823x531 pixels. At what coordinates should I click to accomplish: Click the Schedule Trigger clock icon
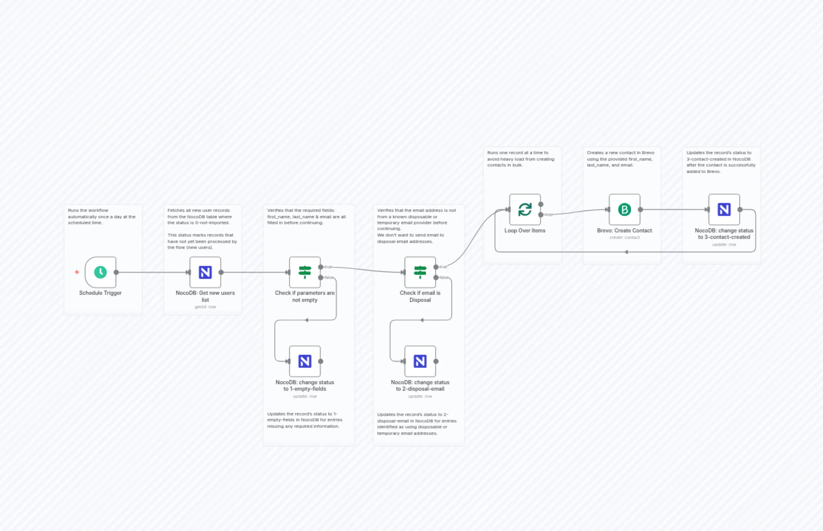click(x=100, y=272)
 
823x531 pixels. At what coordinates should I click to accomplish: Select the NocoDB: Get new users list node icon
click(x=205, y=272)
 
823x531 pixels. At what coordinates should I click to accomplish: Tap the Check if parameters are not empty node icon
click(x=305, y=272)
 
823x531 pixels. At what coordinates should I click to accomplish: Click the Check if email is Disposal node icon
click(x=420, y=272)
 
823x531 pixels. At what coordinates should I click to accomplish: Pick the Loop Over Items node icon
click(x=525, y=209)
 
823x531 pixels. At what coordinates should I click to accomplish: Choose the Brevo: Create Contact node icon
click(x=624, y=209)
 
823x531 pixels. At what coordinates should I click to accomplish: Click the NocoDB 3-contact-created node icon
click(x=724, y=209)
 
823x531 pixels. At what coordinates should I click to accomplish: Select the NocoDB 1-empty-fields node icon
click(x=305, y=361)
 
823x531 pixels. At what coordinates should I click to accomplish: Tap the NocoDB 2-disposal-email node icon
click(x=420, y=361)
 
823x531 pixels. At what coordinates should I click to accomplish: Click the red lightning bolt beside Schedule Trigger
click(x=77, y=272)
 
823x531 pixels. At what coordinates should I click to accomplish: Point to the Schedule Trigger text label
click(x=100, y=293)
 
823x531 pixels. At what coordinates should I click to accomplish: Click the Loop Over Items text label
click(x=525, y=230)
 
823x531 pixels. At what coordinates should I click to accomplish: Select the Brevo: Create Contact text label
click(x=624, y=230)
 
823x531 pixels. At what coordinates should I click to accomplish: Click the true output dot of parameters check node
click(x=321, y=267)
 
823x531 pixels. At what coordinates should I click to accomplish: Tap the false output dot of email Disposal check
click(x=436, y=278)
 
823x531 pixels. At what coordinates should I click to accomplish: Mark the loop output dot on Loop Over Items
click(x=541, y=214)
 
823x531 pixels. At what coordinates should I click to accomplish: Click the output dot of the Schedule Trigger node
click(x=116, y=272)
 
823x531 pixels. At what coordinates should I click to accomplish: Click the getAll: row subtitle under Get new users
click(x=205, y=307)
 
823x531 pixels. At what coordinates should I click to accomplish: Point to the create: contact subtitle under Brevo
click(x=624, y=238)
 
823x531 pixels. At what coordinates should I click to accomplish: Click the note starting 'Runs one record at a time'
click(x=520, y=159)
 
